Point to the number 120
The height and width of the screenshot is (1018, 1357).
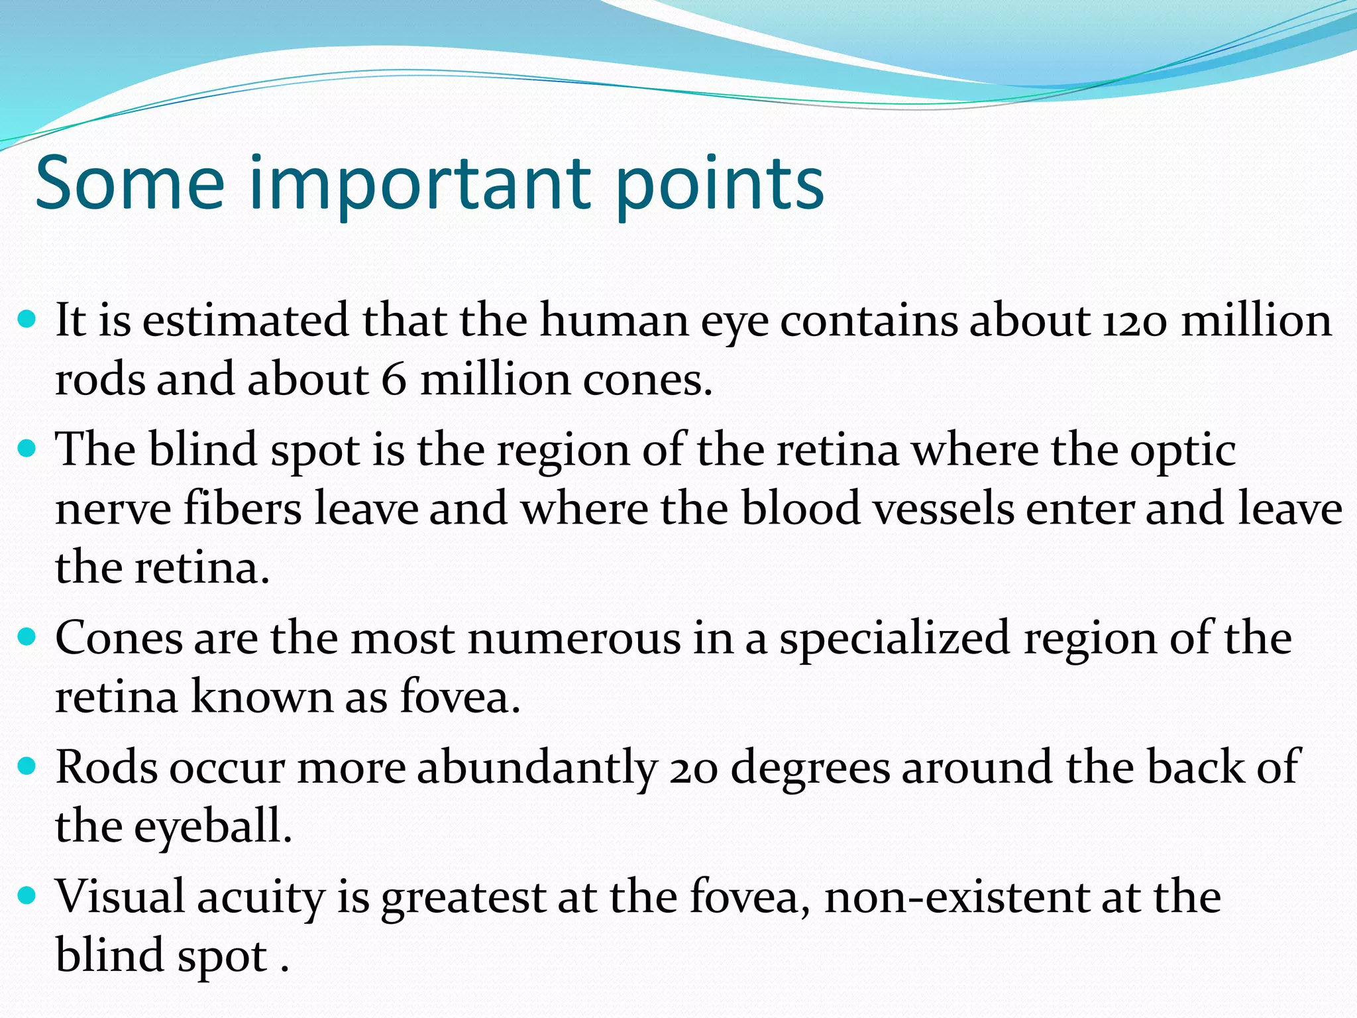point(1134,321)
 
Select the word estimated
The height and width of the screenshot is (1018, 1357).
point(245,321)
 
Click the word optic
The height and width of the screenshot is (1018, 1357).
point(1183,451)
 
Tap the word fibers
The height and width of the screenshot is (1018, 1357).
point(243,509)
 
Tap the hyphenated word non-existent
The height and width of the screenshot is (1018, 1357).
point(956,897)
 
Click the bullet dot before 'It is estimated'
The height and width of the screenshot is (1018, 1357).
point(27,320)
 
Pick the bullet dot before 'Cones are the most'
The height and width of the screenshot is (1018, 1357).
point(27,638)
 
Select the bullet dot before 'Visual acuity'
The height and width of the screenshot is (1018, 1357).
point(27,897)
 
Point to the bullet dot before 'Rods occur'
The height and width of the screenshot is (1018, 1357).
point(27,767)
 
